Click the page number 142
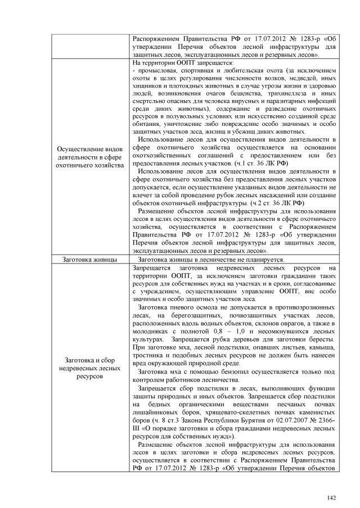click(330, 497)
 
